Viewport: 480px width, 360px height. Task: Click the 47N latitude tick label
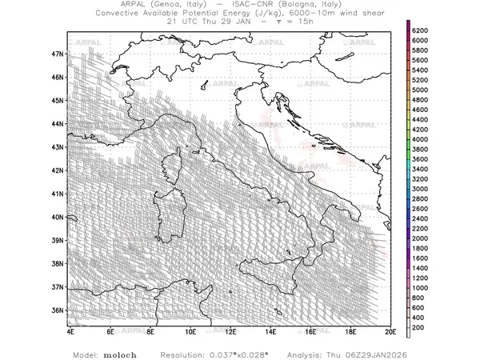pos(57,54)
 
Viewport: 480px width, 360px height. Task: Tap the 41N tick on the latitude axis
pos(57,193)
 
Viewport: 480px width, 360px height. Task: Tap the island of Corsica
pos(173,170)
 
